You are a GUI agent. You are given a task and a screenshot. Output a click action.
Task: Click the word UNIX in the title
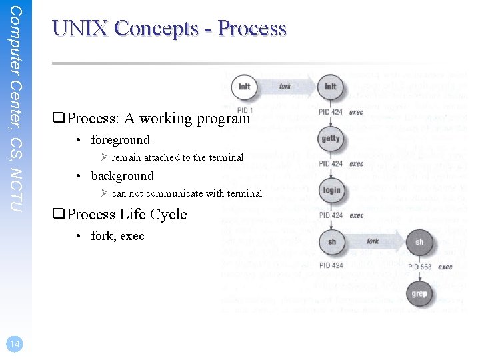(79, 28)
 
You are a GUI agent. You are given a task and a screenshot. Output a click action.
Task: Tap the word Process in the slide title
(252, 28)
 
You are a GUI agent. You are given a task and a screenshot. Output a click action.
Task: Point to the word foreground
(121, 140)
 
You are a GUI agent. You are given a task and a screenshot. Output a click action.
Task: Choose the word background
(123, 176)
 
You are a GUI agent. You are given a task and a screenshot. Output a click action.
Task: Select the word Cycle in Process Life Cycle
(168, 215)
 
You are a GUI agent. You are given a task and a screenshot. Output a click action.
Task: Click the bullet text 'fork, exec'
(118, 236)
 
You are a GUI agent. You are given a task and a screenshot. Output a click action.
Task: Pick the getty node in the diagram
(330, 139)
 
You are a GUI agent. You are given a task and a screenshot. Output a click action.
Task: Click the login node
(331, 191)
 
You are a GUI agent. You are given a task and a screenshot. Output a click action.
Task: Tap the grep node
(419, 293)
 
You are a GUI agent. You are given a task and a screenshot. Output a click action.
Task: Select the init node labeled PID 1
(244, 87)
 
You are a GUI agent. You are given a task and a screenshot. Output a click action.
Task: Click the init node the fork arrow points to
(331, 87)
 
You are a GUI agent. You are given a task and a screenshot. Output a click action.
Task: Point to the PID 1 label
(245, 109)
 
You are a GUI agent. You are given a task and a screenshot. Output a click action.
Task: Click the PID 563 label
(420, 267)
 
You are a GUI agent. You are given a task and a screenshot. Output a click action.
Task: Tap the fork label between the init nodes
(285, 87)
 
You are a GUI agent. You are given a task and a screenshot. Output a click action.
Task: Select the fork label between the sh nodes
(373, 241)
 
